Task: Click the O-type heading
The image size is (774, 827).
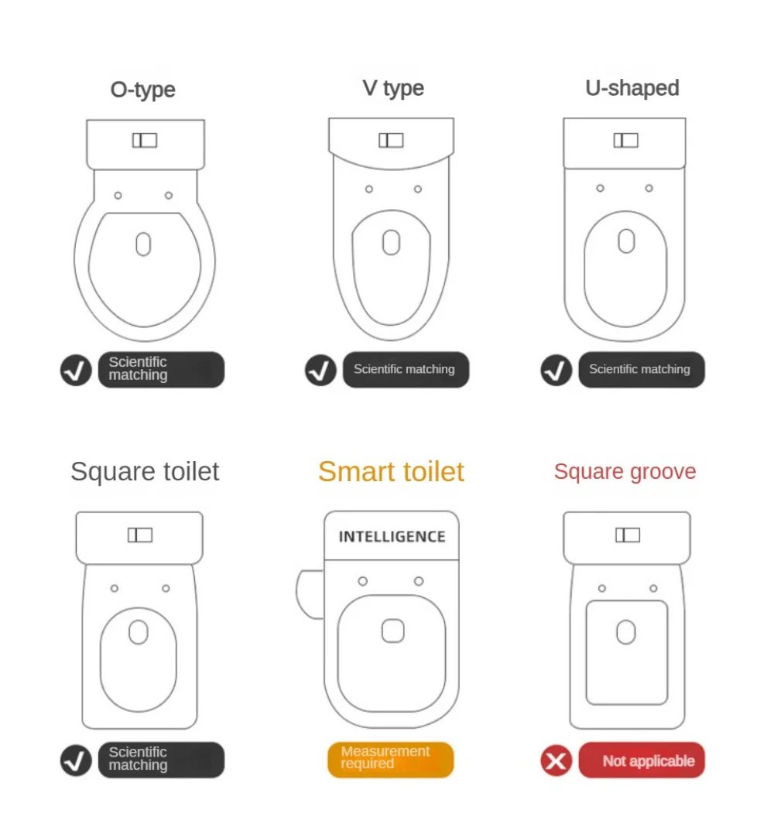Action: pyautogui.click(x=142, y=90)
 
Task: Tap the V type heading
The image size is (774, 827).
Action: pyautogui.click(x=393, y=88)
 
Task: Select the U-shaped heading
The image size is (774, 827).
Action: pyautogui.click(x=632, y=87)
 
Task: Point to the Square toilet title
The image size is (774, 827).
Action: pyautogui.click(x=145, y=471)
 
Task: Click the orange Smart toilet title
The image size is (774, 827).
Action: pyautogui.click(x=391, y=471)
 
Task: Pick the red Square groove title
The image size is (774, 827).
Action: pyautogui.click(x=625, y=471)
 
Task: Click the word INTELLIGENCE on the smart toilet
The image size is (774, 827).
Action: pyautogui.click(x=392, y=536)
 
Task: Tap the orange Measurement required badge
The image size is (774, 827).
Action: pyautogui.click(x=390, y=760)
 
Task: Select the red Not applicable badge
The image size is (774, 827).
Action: pyautogui.click(x=642, y=760)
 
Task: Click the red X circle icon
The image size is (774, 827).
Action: pyautogui.click(x=556, y=760)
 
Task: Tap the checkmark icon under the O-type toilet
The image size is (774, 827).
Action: pyautogui.click(x=76, y=370)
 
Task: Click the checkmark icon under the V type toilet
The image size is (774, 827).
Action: pyautogui.click(x=320, y=370)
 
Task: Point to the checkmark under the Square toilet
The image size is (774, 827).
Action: pyautogui.click(x=76, y=760)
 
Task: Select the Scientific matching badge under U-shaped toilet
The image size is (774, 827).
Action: pyautogui.click(x=642, y=369)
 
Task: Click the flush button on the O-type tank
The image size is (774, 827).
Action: pyautogui.click(x=145, y=140)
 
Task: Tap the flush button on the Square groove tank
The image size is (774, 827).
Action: pyautogui.click(x=628, y=535)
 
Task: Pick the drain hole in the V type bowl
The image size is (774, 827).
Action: pyautogui.click(x=391, y=242)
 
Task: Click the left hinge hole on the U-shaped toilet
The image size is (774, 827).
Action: pyautogui.click(x=601, y=188)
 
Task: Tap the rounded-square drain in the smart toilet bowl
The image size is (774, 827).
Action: pyautogui.click(x=393, y=631)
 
